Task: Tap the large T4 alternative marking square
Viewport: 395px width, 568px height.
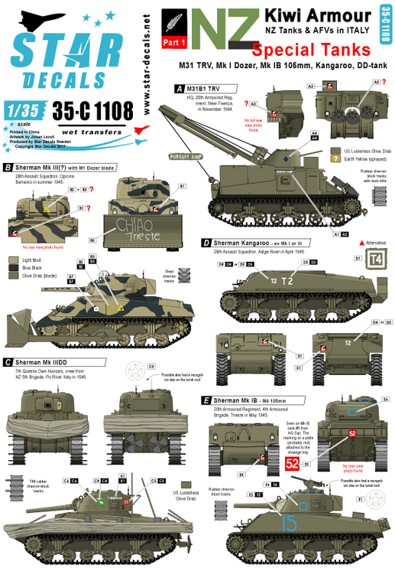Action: tap(377, 260)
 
